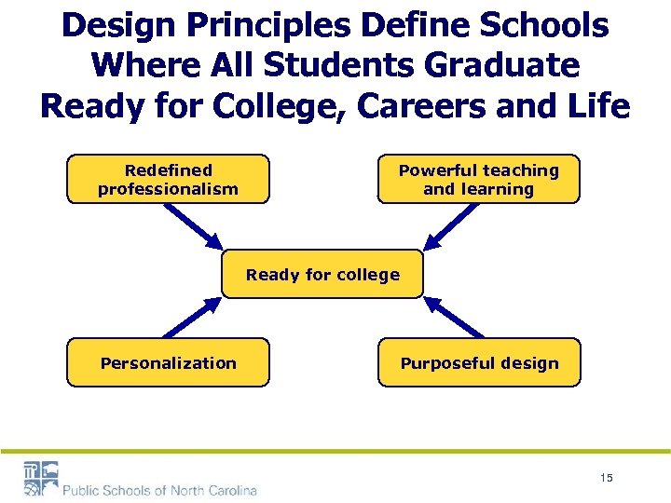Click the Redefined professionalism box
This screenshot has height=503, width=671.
168,179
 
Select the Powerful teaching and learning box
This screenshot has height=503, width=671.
478,179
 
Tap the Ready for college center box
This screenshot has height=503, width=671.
322,274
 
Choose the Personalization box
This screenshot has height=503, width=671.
168,362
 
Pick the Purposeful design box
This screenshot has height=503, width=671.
478,362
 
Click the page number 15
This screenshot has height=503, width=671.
607,478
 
